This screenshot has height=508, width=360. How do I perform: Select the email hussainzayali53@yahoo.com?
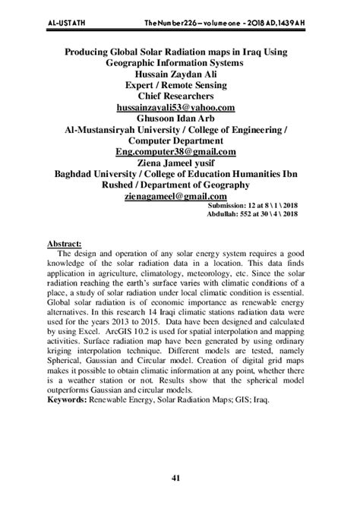180,108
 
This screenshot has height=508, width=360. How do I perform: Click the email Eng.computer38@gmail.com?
180,151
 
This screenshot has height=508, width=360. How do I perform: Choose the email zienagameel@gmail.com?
180,194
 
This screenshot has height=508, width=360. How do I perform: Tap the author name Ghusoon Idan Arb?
180,119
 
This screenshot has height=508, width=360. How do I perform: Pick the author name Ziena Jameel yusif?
180,162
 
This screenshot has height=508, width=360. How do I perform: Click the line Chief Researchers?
180,97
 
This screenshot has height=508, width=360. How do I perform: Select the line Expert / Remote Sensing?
180,87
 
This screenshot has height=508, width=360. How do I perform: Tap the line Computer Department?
180,140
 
